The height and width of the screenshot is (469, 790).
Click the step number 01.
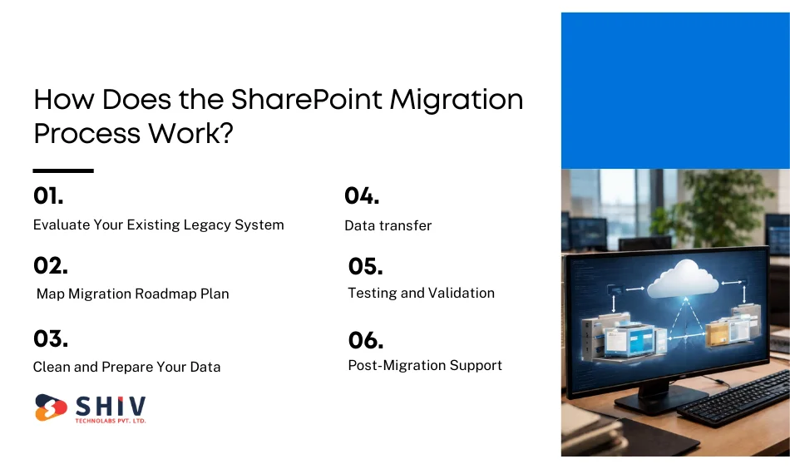tap(48, 196)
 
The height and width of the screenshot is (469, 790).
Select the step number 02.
tap(51, 266)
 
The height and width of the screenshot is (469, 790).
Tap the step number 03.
tap(51, 339)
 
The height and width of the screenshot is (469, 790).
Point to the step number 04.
tap(362, 196)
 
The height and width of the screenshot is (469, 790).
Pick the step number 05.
tap(365, 267)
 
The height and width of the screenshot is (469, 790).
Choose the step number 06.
tap(366, 340)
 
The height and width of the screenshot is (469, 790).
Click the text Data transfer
tap(388, 225)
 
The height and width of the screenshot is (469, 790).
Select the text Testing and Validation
tap(421, 293)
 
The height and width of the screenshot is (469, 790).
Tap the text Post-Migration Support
tap(425, 365)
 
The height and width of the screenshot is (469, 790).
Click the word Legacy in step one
tap(205, 225)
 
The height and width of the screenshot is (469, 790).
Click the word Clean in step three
tap(52, 367)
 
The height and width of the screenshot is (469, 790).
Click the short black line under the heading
tap(63, 170)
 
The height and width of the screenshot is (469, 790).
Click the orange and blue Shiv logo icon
tap(51, 407)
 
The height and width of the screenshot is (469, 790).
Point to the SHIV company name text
tap(111, 407)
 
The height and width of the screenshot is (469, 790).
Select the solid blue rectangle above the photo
tap(674, 90)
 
